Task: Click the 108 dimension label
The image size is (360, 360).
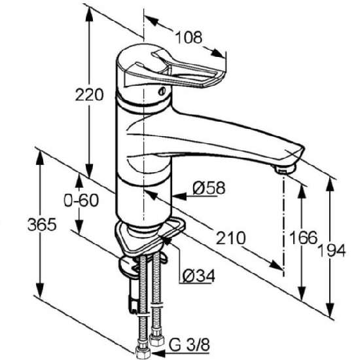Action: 189,37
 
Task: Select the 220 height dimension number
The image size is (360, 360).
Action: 89,95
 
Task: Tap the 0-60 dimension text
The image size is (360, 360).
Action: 81,200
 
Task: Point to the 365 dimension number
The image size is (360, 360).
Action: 42,225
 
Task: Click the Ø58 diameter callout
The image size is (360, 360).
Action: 209,188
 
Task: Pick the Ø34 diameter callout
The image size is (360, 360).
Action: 199,276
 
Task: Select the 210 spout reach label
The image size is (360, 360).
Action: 231,238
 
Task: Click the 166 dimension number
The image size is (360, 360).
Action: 303,238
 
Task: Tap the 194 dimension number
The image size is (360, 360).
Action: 332,250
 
